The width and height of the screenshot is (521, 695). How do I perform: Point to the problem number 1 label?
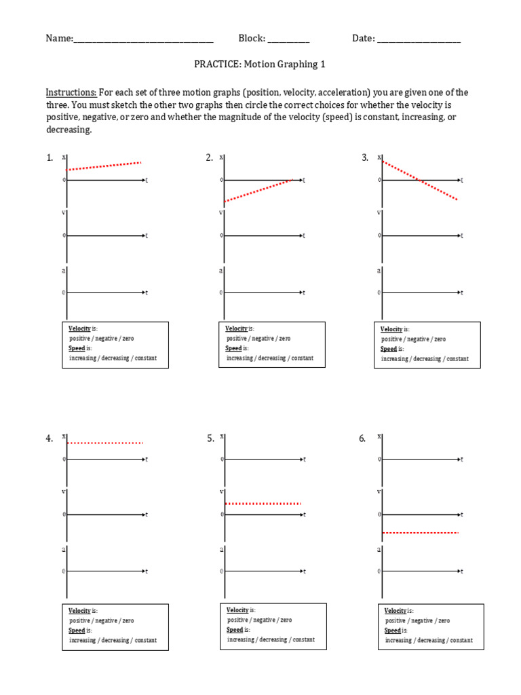(x=50, y=158)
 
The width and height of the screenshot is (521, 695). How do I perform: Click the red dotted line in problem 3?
(x=420, y=181)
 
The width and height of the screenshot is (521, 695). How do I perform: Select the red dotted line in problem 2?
(x=258, y=191)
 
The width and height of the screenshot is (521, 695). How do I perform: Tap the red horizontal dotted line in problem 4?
(x=105, y=443)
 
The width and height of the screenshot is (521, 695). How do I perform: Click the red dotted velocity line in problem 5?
(x=263, y=504)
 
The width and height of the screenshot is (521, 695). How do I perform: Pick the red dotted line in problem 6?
(x=421, y=533)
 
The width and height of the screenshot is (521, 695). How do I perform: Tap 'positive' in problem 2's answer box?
(x=237, y=338)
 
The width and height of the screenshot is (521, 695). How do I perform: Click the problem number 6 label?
(x=362, y=439)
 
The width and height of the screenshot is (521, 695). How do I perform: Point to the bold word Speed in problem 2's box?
(x=233, y=348)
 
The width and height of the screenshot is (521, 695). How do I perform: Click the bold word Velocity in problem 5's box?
(x=237, y=610)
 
